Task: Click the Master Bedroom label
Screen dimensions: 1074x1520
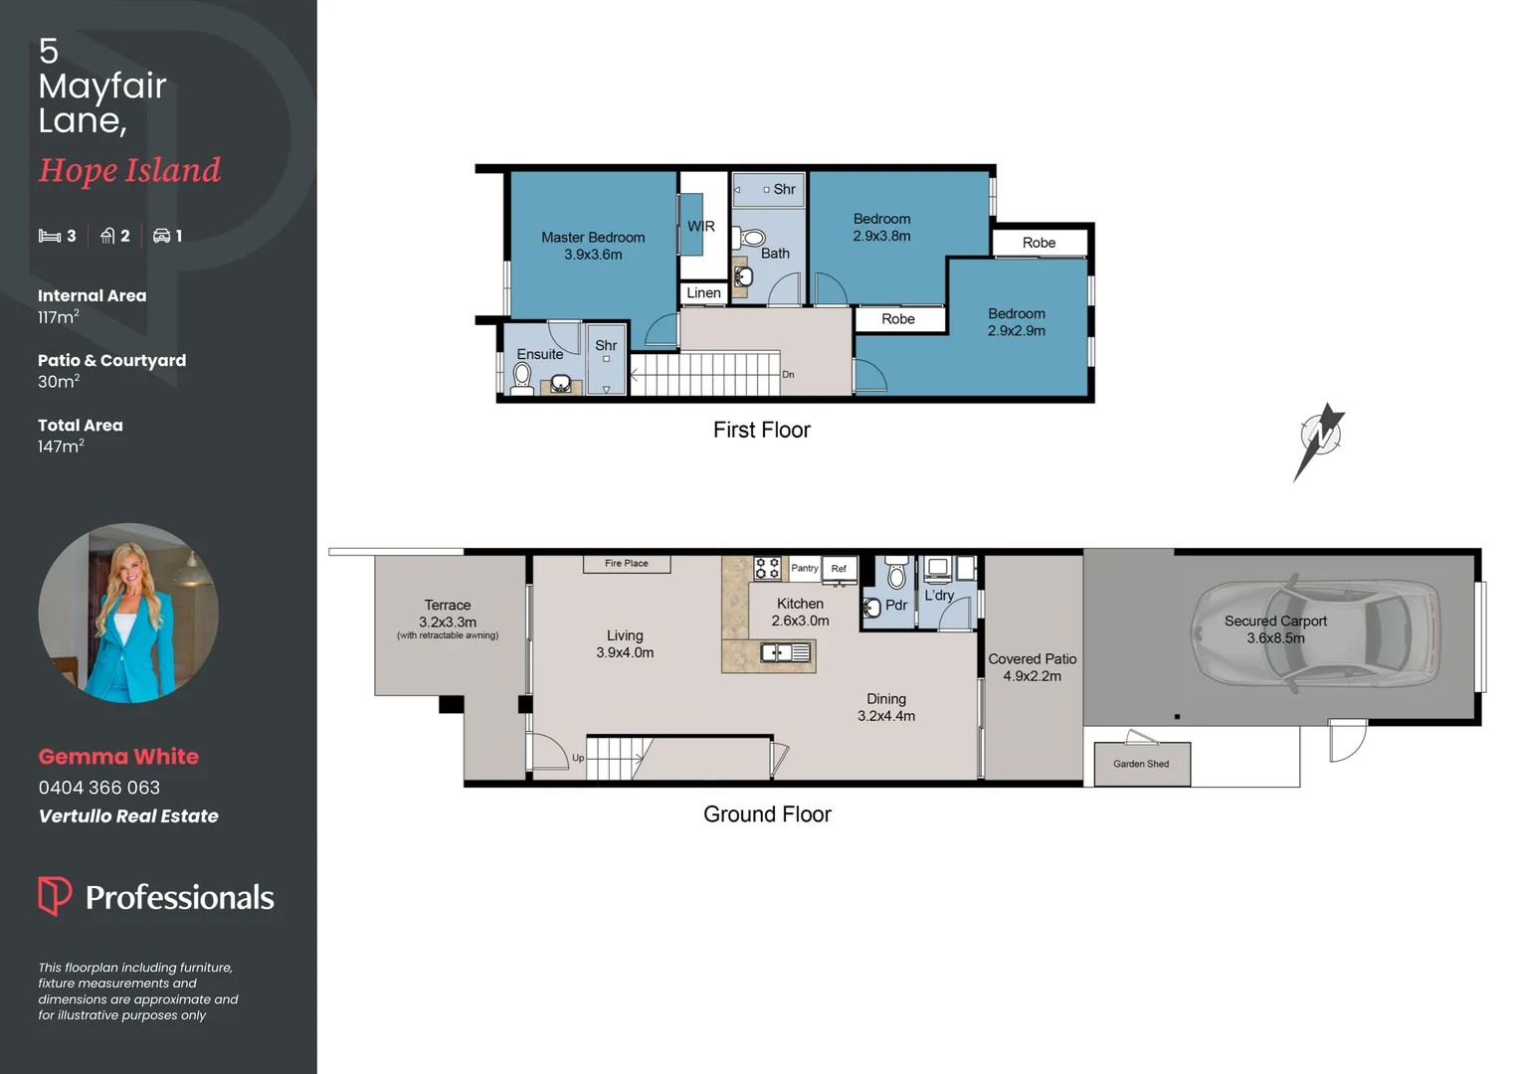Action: (x=593, y=238)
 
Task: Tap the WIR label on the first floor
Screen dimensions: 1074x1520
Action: (x=700, y=227)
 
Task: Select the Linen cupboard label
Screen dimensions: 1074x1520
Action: (x=703, y=292)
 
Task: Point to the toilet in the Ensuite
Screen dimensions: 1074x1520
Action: (x=522, y=376)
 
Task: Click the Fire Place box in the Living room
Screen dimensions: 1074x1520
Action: (x=626, y=564)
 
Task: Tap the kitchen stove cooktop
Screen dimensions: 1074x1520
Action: (x=767, y=568)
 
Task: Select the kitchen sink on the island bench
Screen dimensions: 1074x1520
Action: (x=785, y=652)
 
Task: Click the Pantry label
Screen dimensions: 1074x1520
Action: (x=804, y=568)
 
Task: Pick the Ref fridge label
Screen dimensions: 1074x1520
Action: (x=839, y=569)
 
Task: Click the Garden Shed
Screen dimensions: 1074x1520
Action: (x=1141, y=764)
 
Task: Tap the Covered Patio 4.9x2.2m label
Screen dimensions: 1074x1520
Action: (x=1032, y=667)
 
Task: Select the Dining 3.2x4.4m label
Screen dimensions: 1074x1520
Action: (x=885, y=707)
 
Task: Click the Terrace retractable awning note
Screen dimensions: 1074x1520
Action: (x=448, y=635)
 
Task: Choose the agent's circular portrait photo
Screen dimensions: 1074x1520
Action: (x=128, y=613)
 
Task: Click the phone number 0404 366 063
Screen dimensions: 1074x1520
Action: (x=99, y=788)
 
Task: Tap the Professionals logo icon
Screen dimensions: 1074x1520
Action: (x=54, y=895)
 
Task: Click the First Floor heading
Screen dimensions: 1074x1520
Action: (x=761, y=430)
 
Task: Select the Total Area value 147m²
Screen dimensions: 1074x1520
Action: (x=61, y=447)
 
